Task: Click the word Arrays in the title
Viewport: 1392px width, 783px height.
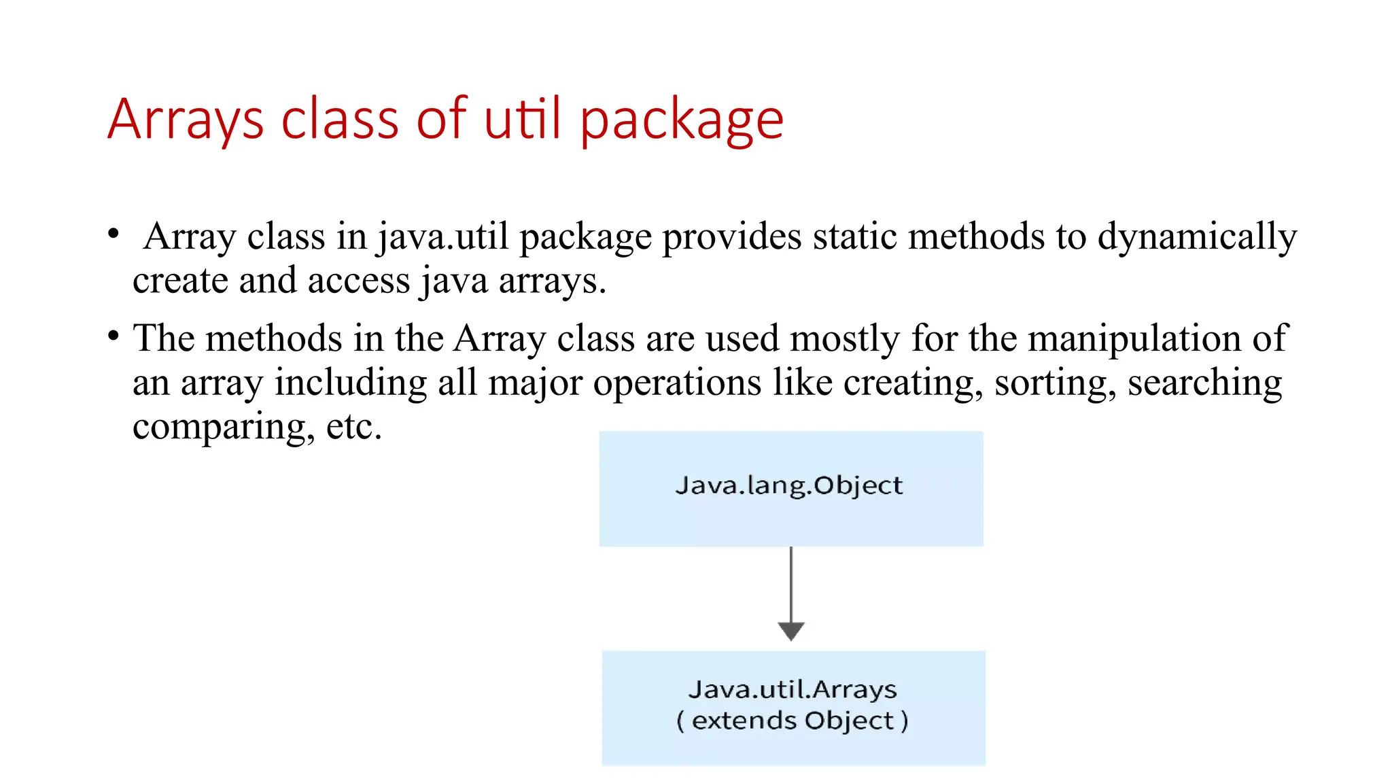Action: (185, 120)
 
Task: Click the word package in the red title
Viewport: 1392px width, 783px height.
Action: (682, 120)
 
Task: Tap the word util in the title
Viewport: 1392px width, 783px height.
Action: (523, 120)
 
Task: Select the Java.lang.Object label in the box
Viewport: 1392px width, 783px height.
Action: (789, 485)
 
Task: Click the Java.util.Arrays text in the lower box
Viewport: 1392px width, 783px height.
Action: (793, 689)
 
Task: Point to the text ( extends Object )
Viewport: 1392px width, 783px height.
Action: (793, 720)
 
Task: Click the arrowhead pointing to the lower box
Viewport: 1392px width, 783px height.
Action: (791, 631)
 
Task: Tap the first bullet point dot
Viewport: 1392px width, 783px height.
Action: (114, 234)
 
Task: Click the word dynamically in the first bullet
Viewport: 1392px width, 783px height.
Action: (1197, 237)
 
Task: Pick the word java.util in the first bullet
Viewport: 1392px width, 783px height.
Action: (443, 237)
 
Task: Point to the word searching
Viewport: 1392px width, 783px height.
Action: (1204, 383)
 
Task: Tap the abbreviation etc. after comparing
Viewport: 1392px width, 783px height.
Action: (354, 427)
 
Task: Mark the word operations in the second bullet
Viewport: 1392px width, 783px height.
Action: (677, 383)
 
